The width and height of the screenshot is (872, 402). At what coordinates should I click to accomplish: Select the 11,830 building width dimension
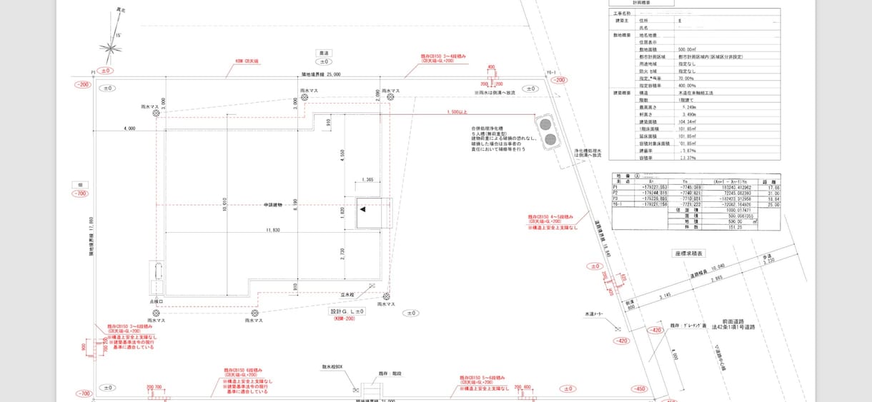point(272,231)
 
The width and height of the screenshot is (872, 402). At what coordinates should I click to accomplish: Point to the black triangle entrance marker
point(363,209)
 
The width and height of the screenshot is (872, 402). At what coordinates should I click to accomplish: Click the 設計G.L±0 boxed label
point(347,312)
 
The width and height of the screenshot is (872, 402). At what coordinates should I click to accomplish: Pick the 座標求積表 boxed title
point(689,253)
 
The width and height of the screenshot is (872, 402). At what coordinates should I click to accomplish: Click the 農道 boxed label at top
point(324,53)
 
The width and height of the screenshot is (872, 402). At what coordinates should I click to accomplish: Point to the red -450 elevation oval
point(638,389)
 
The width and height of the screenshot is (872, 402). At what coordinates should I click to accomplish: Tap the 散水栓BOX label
point(332,367)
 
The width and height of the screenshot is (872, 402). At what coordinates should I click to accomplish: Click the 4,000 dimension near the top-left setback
point(129,129)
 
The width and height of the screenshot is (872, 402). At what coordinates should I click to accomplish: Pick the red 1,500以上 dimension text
point(456,112)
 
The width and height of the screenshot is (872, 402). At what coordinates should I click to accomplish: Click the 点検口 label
point(157,301)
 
